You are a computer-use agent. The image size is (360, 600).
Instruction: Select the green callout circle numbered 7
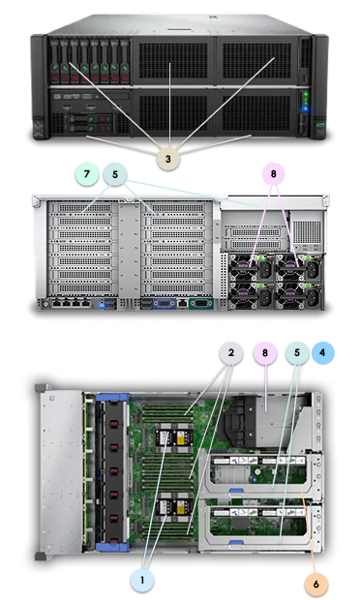tap(86, 175)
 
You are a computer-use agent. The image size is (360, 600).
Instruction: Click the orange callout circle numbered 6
tap(314, 585)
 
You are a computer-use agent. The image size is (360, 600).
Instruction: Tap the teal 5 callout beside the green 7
tap(116, 175)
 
